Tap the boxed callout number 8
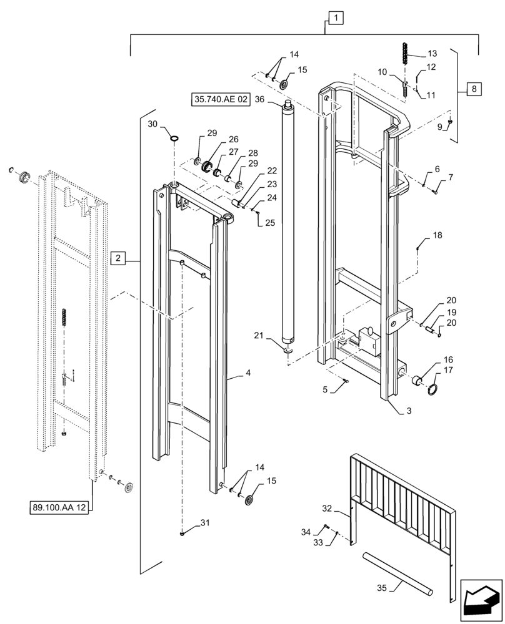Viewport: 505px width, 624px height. coord(474,89)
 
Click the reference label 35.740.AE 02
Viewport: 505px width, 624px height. coord(221,99)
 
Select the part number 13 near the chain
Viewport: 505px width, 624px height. coord(432,53)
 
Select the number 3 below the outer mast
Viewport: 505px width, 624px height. coord(409,411)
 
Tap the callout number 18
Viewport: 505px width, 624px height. coord(437,235)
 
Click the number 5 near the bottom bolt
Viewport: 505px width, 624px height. coord(324,390)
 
